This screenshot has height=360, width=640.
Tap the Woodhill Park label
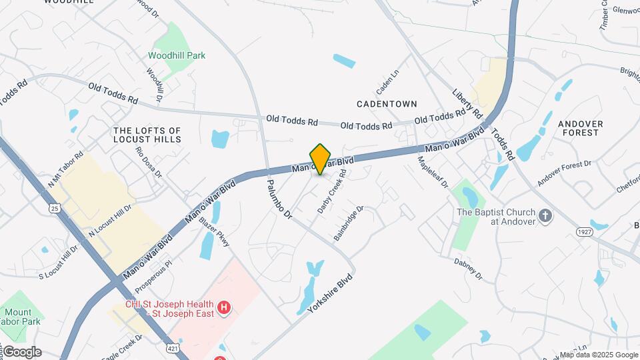tap(177, 56)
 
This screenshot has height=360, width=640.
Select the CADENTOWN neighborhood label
tap(387, 104)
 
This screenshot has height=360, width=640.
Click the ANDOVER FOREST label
tap(580, 128)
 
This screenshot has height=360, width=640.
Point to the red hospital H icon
tap(225, 307)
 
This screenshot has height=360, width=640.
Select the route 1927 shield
tap(585, 231)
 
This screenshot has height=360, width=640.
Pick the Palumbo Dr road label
tap(279, 198)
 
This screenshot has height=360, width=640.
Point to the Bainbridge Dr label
tap(349, 223)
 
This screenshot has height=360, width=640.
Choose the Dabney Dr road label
tap(469, 268)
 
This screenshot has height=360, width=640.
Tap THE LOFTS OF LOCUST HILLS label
tap(147, 135)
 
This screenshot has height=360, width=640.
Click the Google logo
tap(22, 352)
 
